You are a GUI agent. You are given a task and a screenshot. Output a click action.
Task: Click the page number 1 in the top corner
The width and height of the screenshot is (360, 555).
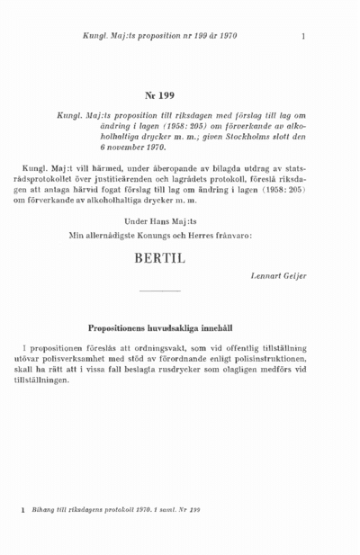pos(305,37)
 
